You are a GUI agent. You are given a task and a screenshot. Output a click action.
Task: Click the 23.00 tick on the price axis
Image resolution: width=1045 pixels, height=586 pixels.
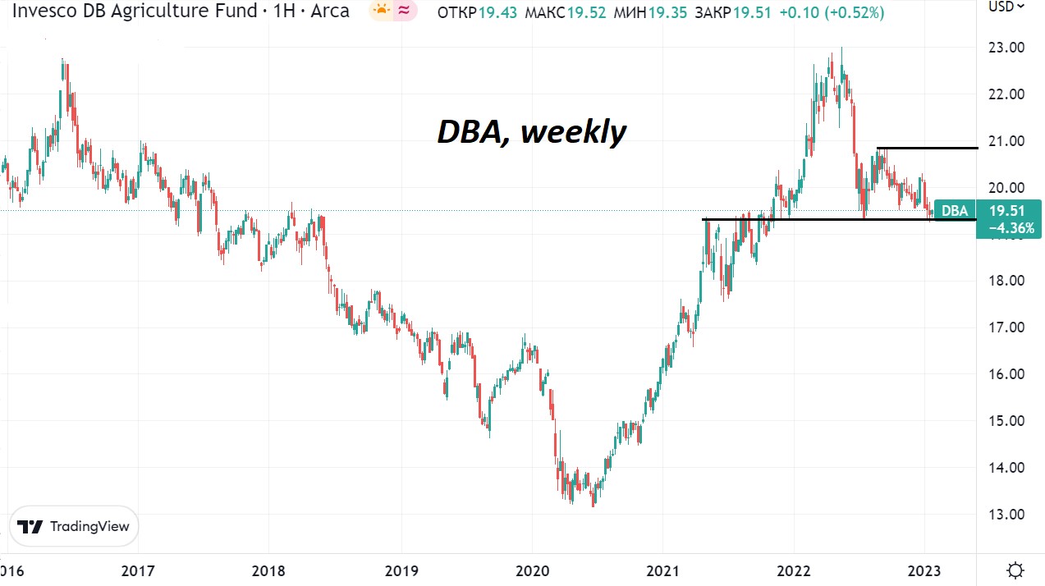[1006, 48]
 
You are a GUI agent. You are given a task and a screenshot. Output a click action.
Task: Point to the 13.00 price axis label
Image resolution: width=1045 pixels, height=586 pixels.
[1006, 515]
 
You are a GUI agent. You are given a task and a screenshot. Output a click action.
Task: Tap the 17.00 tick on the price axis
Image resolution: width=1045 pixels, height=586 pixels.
[1006, 327]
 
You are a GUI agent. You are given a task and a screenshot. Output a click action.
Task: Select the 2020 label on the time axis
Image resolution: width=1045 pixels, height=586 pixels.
[531, 570]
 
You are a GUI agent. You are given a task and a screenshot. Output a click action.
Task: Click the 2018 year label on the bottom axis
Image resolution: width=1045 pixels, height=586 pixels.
[269, 570]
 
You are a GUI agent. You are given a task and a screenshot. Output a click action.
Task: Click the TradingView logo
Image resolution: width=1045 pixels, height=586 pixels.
[74, 526]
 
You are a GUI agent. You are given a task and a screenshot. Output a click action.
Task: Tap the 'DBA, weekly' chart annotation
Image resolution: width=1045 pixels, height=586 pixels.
[531, 131]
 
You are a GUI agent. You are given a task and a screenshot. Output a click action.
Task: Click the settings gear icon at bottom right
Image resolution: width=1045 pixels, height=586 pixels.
[1015, 570]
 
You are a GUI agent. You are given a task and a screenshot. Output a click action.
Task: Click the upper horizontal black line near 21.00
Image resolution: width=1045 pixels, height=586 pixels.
[927, 148]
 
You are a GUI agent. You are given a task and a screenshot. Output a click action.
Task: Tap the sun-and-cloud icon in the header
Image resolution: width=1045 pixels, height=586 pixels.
[382, 11]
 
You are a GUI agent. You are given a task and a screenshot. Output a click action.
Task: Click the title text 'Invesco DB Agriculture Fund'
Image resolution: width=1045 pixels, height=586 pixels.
[128, 11]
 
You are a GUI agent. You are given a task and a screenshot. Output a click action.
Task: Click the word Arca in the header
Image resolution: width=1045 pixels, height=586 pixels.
[326, 11]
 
